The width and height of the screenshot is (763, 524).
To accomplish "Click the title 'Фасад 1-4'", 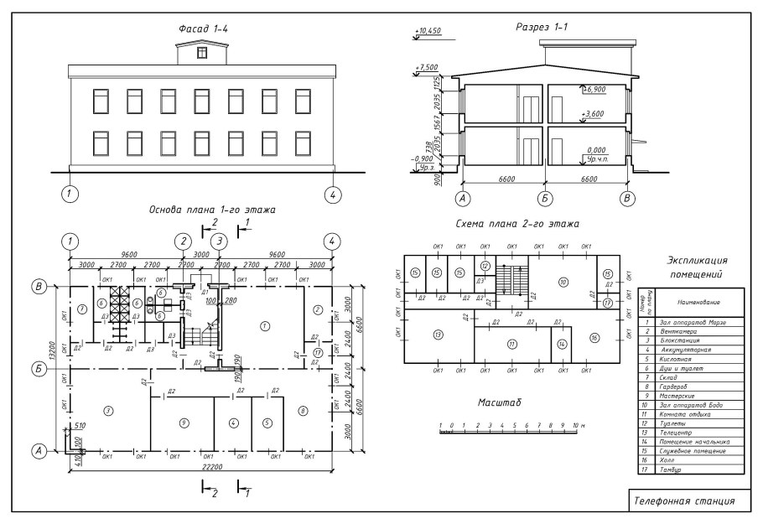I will pos(203,29).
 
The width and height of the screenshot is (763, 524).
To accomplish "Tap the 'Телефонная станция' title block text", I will pos(684,501).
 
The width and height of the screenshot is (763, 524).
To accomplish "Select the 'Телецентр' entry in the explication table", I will pos(675,432).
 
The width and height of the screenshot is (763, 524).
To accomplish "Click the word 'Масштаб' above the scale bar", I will pos(499,402).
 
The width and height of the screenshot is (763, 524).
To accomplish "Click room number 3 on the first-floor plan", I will pos(107,410).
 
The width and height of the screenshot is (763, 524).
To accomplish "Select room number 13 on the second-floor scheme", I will pos(438,335).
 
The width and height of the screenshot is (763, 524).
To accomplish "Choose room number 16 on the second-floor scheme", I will pos(594,338).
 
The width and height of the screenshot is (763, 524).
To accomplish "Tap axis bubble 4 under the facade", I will pos(333,195).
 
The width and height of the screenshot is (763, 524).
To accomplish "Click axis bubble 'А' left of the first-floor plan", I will pos(38,451).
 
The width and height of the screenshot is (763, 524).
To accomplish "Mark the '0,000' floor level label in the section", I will pos(596,151).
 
